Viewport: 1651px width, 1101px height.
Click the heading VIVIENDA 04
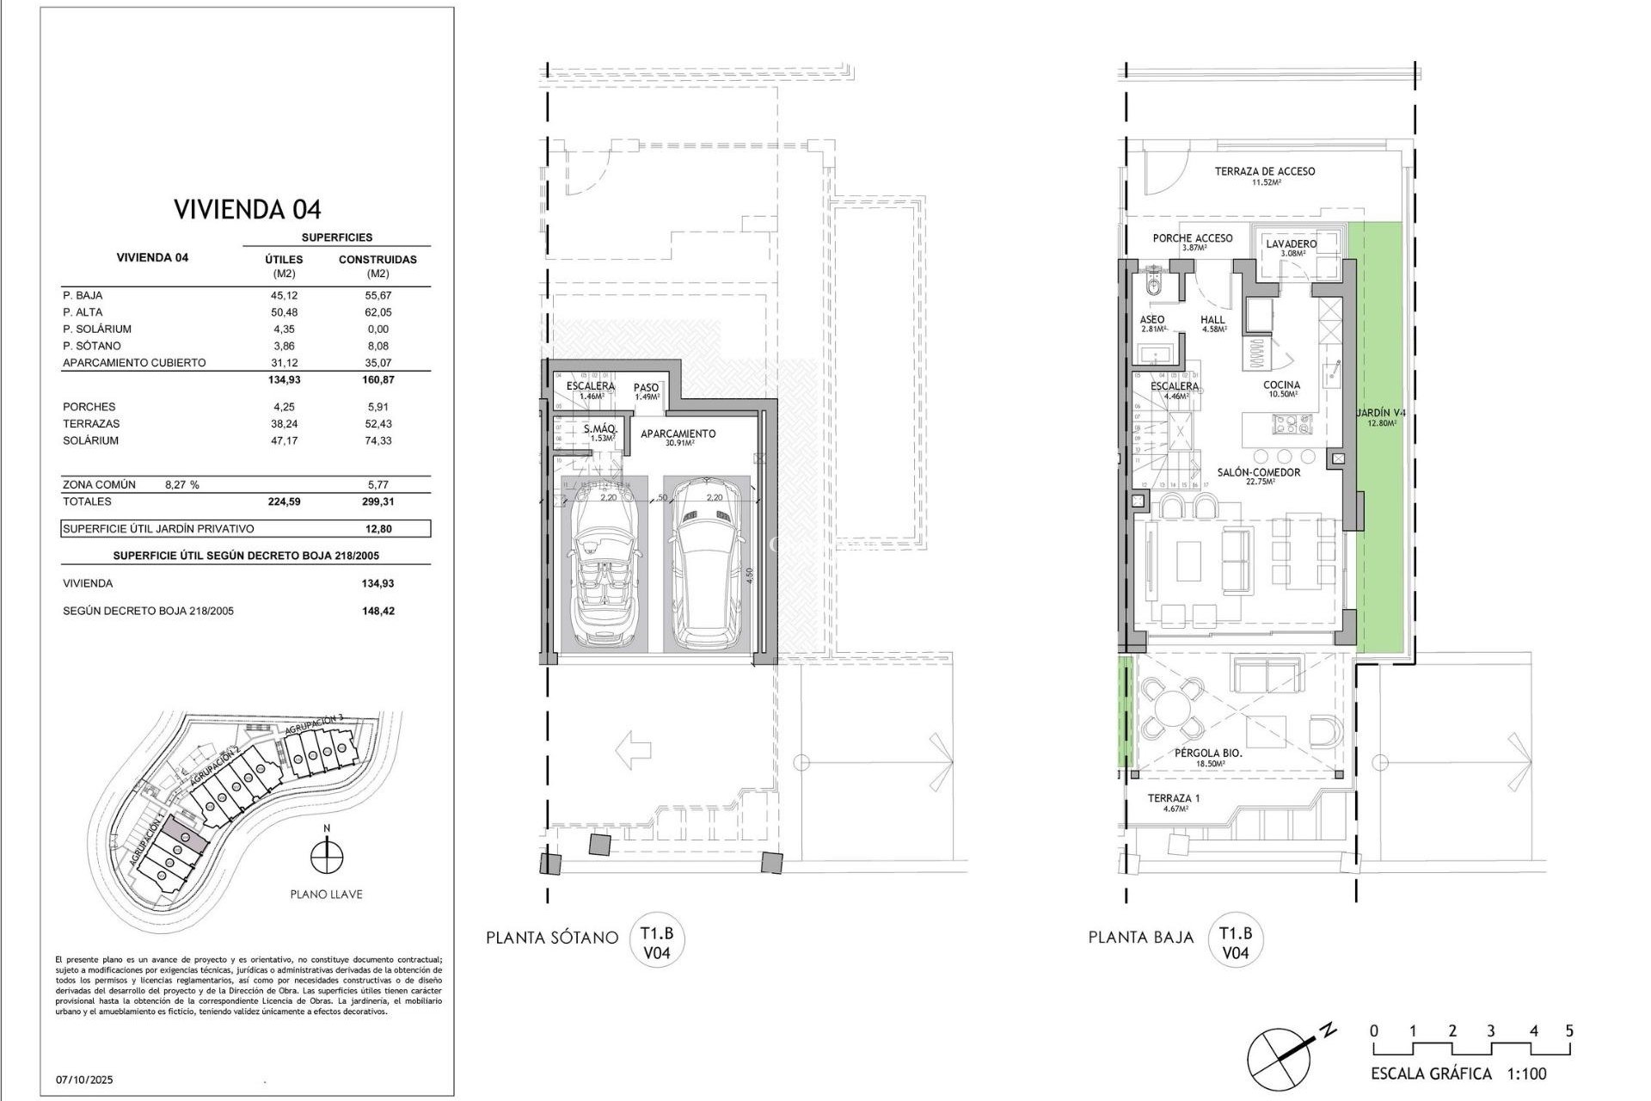248,209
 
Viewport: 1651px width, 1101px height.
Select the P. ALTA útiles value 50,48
284,312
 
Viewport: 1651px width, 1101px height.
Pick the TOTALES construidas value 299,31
377,501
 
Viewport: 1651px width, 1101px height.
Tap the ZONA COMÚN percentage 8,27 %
181,484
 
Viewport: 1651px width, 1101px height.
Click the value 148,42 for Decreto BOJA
377,611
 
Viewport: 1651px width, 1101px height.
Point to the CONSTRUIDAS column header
377,259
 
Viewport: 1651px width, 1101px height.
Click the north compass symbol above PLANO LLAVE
326,856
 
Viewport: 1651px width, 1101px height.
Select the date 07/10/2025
84,1079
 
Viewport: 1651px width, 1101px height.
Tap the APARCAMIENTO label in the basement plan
678,434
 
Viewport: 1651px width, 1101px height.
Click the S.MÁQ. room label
598,429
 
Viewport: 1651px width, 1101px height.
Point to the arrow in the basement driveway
634,749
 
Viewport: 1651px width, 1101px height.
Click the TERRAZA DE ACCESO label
1264,172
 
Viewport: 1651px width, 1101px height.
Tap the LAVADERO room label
1291,244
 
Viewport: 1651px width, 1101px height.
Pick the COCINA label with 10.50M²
1281,385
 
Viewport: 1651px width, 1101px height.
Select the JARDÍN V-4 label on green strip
1381,414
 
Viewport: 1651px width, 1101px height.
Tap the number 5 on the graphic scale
1569,1031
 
